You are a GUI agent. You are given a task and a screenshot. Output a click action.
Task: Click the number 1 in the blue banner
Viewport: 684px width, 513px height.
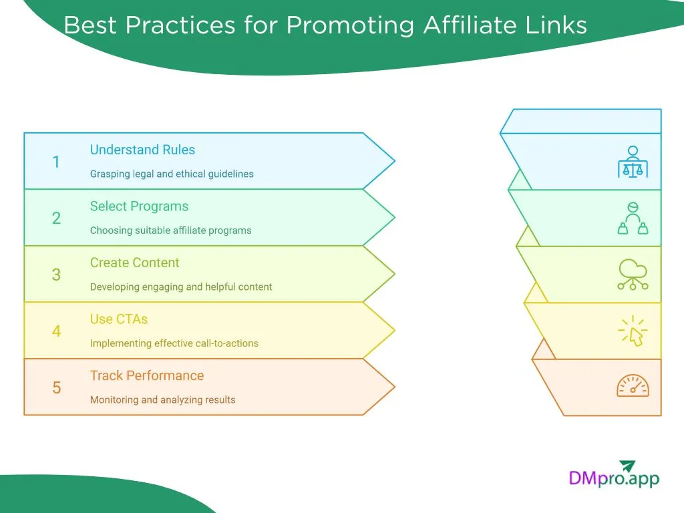(56, 162)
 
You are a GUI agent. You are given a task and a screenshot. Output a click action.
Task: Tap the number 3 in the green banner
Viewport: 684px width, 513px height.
(56, 275)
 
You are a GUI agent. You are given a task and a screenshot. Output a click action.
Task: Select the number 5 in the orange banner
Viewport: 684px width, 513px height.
(56, 387)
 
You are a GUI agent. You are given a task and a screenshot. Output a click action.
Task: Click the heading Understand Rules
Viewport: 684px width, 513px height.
(142, 150)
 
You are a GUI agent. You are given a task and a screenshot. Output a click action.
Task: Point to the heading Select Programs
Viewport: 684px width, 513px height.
(139, 206)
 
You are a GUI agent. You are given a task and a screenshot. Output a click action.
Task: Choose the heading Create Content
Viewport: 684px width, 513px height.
(134, 263)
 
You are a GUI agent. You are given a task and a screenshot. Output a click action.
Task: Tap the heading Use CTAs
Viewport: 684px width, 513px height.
(119, 319)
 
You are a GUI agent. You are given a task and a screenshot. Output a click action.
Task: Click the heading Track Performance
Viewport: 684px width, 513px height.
(147, 375)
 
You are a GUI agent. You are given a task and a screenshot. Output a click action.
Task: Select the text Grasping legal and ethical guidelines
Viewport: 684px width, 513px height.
(172, 174)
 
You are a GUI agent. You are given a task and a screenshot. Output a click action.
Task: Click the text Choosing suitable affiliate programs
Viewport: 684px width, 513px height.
(170, 230)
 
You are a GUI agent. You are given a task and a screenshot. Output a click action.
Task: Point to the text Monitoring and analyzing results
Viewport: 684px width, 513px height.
(162, 399)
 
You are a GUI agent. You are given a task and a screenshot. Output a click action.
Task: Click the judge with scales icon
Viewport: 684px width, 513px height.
(632, 162)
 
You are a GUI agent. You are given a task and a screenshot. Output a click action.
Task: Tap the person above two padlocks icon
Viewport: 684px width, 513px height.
(632, 218)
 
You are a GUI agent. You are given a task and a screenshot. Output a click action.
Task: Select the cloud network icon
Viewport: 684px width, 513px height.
(632, 274)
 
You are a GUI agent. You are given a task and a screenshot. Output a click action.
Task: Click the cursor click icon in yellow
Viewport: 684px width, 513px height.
(632, 331)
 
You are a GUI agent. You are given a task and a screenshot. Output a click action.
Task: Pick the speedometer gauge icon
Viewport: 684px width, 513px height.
(632, 386)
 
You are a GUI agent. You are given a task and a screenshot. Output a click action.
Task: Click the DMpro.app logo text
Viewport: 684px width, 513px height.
(614, 478)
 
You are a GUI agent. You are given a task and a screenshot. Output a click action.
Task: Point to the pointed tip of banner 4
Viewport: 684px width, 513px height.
(393, 330)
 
